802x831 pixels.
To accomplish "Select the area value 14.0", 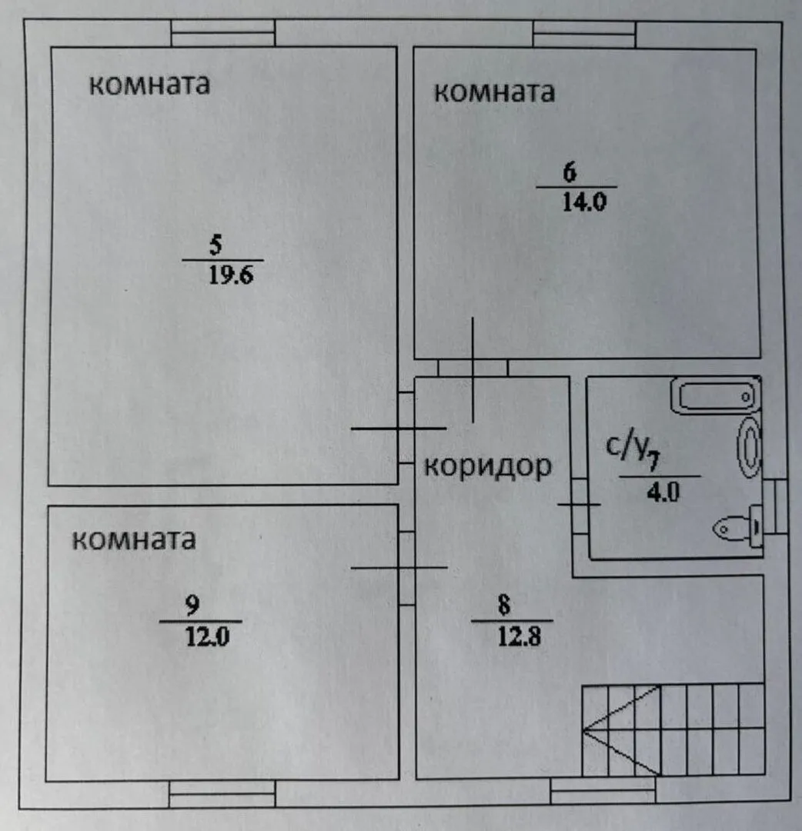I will (586, 202).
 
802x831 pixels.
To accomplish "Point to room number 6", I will (570, 172).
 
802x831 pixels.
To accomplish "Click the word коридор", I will (488, 466).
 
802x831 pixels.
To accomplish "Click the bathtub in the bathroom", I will (713, 395).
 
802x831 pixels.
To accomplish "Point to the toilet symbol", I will (740, 529).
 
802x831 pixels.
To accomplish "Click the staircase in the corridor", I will (672, 729).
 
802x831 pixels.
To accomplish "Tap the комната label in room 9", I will (133, 540).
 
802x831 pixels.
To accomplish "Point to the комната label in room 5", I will (149, 84).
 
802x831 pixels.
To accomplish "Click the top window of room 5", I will (222, 34).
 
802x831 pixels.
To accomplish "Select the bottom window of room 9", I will (222, 793).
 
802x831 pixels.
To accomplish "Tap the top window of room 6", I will (585, 35).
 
